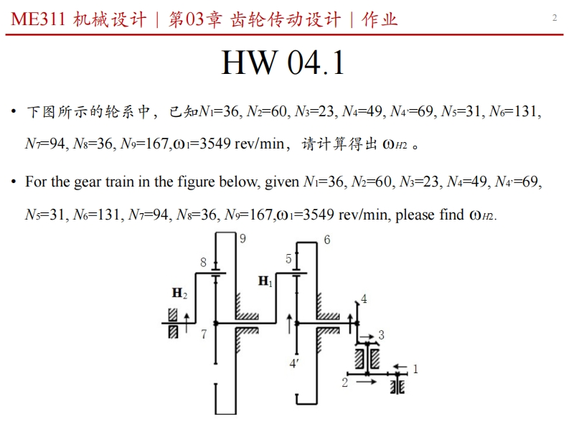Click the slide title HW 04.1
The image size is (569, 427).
click(x=283, y=62)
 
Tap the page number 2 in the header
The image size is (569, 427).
click(x=554, y=18)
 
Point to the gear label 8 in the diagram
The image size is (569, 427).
click(x=203, y=263)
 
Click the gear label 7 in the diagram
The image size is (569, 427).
click(x=204, y=334)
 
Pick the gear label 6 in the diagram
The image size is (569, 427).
click(x=327, y=240)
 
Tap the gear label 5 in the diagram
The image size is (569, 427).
click(x=288, y=259)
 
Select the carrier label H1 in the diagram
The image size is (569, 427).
click(x=265, y=281)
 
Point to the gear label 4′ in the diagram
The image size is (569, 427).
click(x=294, y=363)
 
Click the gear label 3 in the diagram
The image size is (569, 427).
click(x=382, y=334)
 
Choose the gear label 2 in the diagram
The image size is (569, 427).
click(x=344, y=383)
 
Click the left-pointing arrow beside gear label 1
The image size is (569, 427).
click(x=399, y=367)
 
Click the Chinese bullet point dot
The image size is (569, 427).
click(x=14, y=112)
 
